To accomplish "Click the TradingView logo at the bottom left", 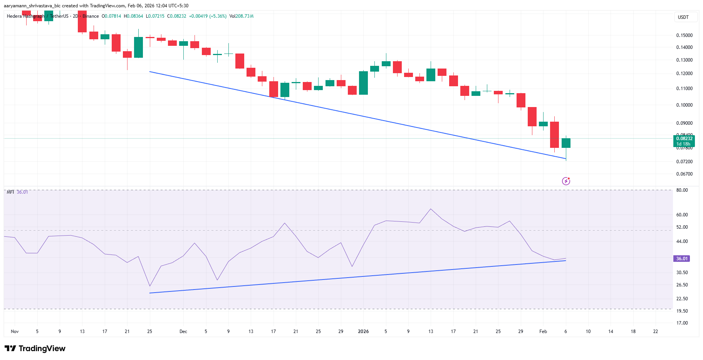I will click(35, 348).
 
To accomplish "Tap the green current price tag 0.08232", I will click(684, 139).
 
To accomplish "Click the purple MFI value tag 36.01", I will click(681, 259).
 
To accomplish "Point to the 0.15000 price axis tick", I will click(684, 35).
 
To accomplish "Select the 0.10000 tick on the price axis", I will click(684, 105).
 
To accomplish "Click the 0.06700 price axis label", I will click(684, 174).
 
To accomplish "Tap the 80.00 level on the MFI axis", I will click(682, 190).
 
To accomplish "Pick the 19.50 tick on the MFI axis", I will click(682, 311).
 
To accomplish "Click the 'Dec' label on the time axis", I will click(183, 332).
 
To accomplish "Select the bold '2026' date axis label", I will click(363, 332).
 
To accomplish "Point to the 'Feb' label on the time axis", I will click(543, 332).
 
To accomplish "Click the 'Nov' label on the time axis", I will click(15, 332).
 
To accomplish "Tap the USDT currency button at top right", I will click(683, 17).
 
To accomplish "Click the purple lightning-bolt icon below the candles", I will click(566, 181).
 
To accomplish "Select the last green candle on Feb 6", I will click(566, 143).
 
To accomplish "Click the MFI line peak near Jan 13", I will click(431, 209).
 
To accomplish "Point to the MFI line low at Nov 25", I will click(150, 286).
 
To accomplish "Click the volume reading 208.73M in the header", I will click(245, 16).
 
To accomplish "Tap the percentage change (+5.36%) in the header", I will click(218, 16).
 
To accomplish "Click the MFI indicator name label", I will click(10, 192).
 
